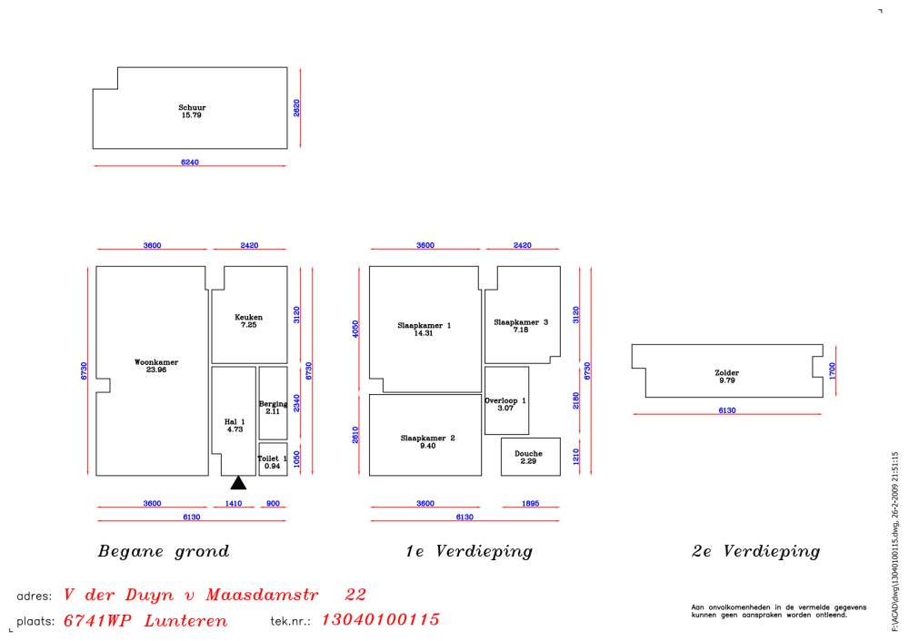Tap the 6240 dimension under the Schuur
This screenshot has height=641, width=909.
point(189,163)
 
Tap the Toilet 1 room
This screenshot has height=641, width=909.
point(273,461)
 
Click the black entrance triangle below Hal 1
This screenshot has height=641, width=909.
point(238,483)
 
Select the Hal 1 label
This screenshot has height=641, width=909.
point(235,425)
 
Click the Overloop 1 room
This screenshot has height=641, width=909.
point(505,403)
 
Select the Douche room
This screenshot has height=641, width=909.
point(528,457)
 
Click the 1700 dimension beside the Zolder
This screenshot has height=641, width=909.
point(833,370)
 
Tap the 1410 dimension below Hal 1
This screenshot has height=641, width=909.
point(234,503)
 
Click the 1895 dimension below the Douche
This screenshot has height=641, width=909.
point(530,503)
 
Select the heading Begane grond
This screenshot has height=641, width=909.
point(164,551)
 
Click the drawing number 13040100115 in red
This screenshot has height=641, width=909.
point(380,620)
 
